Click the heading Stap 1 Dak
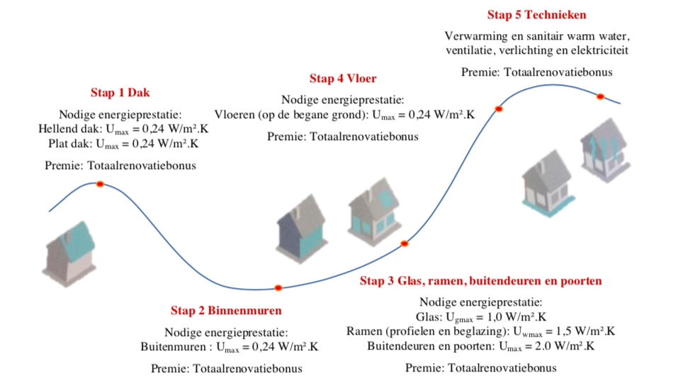tap(120, 93)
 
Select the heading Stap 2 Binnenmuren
tap(226, 311)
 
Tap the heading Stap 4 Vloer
tap(343, 79)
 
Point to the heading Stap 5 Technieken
tap(536, 15)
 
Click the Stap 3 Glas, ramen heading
tap(480, 281)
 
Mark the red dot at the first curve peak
tap(100, 184)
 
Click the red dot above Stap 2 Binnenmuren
tap(278, 288)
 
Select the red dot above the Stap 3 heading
tap(405, 244)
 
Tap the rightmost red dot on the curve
tap(599, 96)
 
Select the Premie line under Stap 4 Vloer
tap(343, 137)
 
